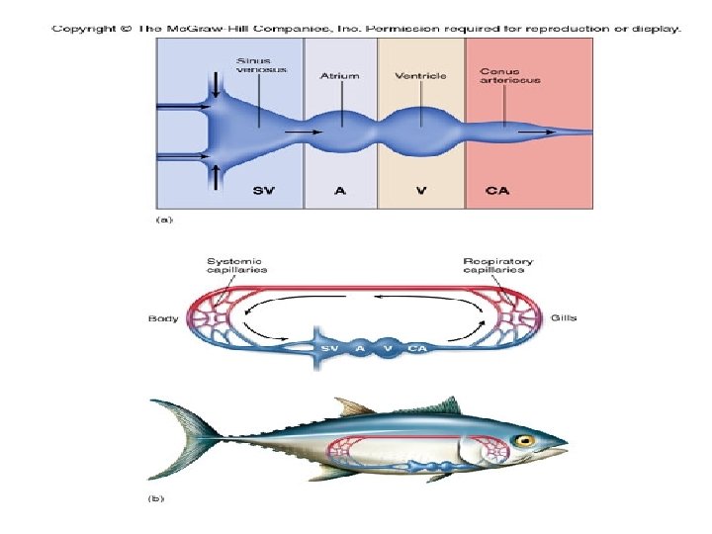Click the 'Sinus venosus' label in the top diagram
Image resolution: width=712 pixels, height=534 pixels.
[x=254, y=66]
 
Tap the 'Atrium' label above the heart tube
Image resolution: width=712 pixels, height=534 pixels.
[x=340, y=74]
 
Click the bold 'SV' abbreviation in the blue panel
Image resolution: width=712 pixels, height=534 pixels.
[x=263, y=191]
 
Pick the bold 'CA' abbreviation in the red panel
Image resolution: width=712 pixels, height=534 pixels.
[x=497, y=191]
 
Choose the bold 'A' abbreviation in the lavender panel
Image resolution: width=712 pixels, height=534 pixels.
[x=340, y=191]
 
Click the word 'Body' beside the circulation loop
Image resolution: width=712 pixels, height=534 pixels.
[x=163, y=318]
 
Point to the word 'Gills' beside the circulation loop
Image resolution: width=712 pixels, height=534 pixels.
[x=566, y=318]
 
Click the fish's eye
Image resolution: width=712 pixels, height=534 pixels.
[x=523, y=440]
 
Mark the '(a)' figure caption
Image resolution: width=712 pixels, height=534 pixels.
[x=163, y=221]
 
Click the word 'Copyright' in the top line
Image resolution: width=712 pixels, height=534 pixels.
[x=83, y=29]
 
